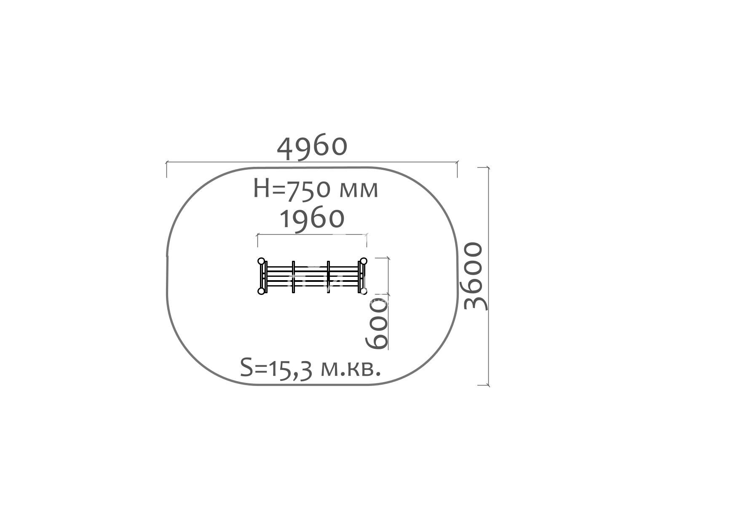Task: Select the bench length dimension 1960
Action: pyautogui.click(x=312, y=219)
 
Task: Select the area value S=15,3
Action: pyautogui.click(x=276, y=368)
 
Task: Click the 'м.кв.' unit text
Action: pyautogui.click(x=351, y=369)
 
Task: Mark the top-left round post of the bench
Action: pyautogui.click(x=261, y=261)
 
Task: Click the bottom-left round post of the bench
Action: pyautogui.click(x=261, y=291)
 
